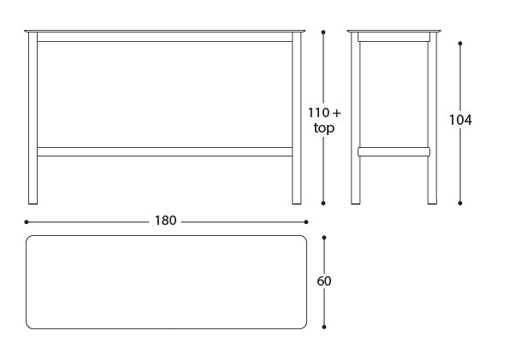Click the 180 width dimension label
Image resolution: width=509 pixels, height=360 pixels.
(x=166, y=221)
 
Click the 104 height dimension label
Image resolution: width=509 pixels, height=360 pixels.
(x=460, y=120)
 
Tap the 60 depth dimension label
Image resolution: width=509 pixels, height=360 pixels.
(x=324, y=281)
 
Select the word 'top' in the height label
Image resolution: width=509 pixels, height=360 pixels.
(x=324, y=128)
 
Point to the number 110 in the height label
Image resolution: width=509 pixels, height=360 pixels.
(x=318, y=113)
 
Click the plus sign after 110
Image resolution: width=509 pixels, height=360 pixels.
(x=337, y=113)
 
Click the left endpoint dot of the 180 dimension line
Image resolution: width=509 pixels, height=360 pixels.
(x=27, y=222)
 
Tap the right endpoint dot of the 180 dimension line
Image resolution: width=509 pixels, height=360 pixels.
(x=306, y=222)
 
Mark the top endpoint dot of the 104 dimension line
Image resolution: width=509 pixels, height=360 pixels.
(x=460, y=43)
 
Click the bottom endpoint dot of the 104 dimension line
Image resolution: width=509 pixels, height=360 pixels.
(x=460, y=204)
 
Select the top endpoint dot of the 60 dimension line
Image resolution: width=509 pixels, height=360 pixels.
(x=324, y=238)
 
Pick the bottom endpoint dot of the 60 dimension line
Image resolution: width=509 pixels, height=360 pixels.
(x=324, y=327)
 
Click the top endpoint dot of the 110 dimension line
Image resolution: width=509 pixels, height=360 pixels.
(x=323, y=32)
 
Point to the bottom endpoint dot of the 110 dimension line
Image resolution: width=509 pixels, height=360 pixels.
(x=323, y=204)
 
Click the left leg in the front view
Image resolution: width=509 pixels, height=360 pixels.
(x=33, y=118)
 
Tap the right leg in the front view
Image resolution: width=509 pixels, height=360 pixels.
(x=297, y=118)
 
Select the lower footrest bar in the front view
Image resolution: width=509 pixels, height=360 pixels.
(x=165, y=151)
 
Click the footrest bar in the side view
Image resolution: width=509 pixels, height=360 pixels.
(x=394, y=151)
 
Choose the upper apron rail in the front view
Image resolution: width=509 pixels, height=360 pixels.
(x=165, y=37)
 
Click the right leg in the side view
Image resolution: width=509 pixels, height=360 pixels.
(x=432, y=118)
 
